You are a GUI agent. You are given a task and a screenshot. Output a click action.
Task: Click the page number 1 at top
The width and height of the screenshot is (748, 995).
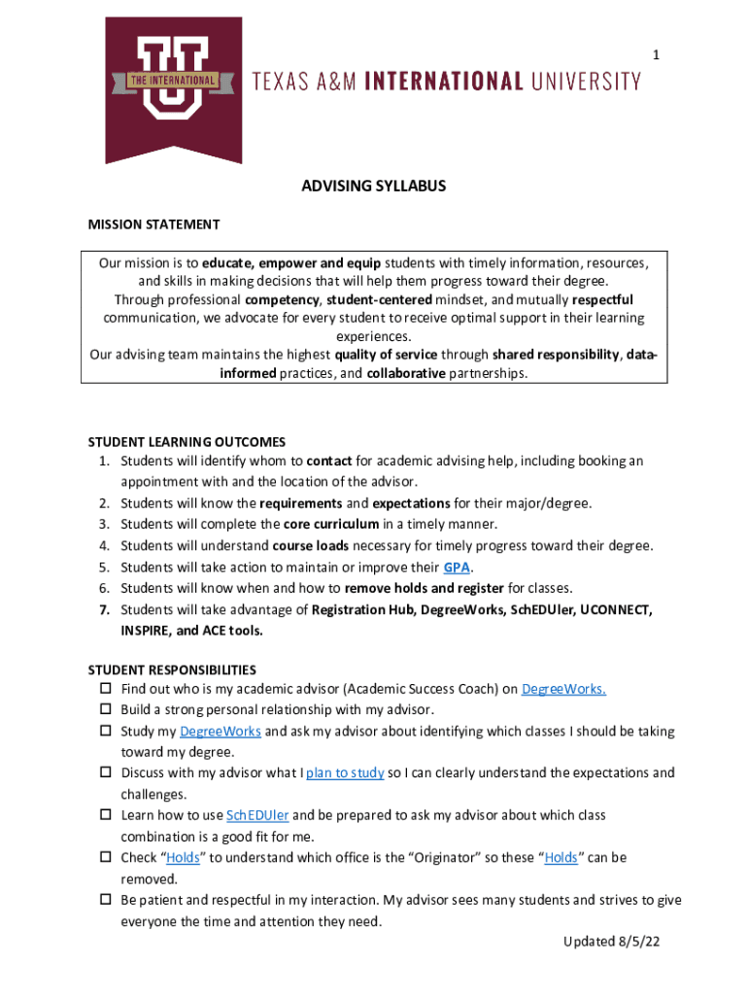click(x=656, y=55)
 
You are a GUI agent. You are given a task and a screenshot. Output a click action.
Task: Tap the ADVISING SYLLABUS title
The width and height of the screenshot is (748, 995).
click(x=374, y=186)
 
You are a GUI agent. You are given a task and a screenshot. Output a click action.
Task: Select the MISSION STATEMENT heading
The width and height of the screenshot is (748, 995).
click(x=153, y=224)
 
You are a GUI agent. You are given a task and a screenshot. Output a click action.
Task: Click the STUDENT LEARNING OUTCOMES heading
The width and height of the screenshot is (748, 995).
click(x=187, y=441)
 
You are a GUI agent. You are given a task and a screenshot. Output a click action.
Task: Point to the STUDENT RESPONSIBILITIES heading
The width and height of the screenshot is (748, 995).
click(x=172, y=669)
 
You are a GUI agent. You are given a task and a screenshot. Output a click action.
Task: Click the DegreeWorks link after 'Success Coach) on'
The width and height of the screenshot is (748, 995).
click(x=563, y=690)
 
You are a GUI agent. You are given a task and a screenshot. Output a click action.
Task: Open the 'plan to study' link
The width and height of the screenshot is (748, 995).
click(x=345, y=773)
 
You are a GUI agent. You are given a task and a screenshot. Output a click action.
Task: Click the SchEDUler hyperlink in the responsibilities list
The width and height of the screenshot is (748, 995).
click(x=257, y=815)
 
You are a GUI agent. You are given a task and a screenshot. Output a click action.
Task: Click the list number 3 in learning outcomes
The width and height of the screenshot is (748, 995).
click(x=103, y=525)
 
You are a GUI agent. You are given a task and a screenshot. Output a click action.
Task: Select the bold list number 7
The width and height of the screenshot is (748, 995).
click(x=103, y=609)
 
